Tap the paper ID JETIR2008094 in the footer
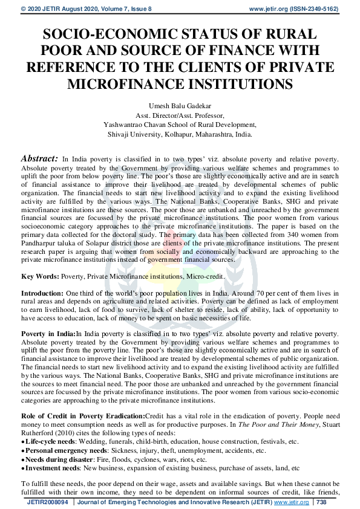coord(48,502)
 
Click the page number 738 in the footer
coord(321,502)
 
